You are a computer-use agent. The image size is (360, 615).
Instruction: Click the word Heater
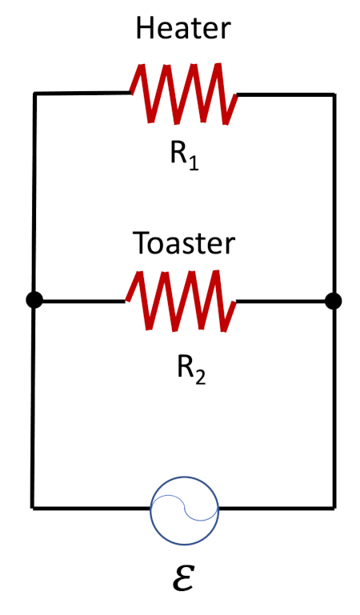point(183,29)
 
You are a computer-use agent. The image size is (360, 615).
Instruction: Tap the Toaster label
point(184,242)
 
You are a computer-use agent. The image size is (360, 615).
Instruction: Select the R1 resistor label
point(184,154)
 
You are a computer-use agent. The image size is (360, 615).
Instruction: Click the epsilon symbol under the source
point(183,577)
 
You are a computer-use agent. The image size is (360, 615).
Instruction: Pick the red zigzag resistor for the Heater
point(183,94)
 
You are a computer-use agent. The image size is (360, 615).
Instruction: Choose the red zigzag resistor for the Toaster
point(181,302)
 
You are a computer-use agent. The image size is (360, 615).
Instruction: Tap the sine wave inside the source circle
point(184,509)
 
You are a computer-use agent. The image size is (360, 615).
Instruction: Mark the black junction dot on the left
point(34,301)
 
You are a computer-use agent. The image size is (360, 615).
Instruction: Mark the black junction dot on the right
point(334,301)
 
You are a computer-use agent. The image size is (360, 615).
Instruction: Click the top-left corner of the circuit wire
point(34,94)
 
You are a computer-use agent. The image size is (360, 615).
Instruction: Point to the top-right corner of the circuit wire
point(334,94)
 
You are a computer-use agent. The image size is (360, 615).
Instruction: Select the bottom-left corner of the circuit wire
point(33,507)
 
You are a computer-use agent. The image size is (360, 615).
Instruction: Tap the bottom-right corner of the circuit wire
point(334,507)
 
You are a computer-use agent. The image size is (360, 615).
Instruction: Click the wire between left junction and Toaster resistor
point(80,302)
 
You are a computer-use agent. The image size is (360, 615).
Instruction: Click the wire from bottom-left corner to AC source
point(91,507)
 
